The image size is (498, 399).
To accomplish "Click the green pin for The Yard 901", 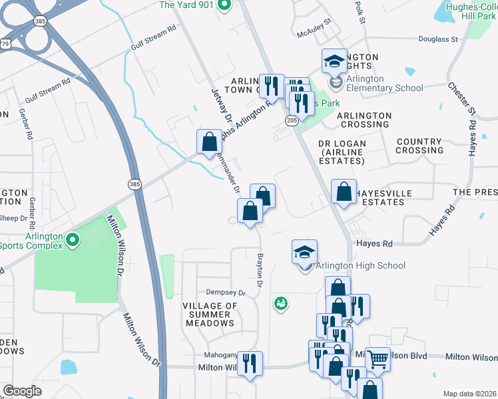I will (x=224, y=6).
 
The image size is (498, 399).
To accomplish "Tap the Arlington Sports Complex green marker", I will (x=73, y=240).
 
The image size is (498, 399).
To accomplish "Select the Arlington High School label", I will (x=360, y=266).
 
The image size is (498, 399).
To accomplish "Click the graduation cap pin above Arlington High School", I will (x=304, y=253).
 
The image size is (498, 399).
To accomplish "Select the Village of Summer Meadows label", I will (x=210, y=314).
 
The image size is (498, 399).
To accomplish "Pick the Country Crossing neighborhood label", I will (x=419, y=146).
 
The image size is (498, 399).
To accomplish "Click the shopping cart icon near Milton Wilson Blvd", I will (x=377, y=360).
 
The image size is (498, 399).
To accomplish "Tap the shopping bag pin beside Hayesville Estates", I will (x=343, y=192).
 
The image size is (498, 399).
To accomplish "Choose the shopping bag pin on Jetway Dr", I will (x=209, y=141).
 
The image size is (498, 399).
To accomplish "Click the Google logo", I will (x=23, y=391).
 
